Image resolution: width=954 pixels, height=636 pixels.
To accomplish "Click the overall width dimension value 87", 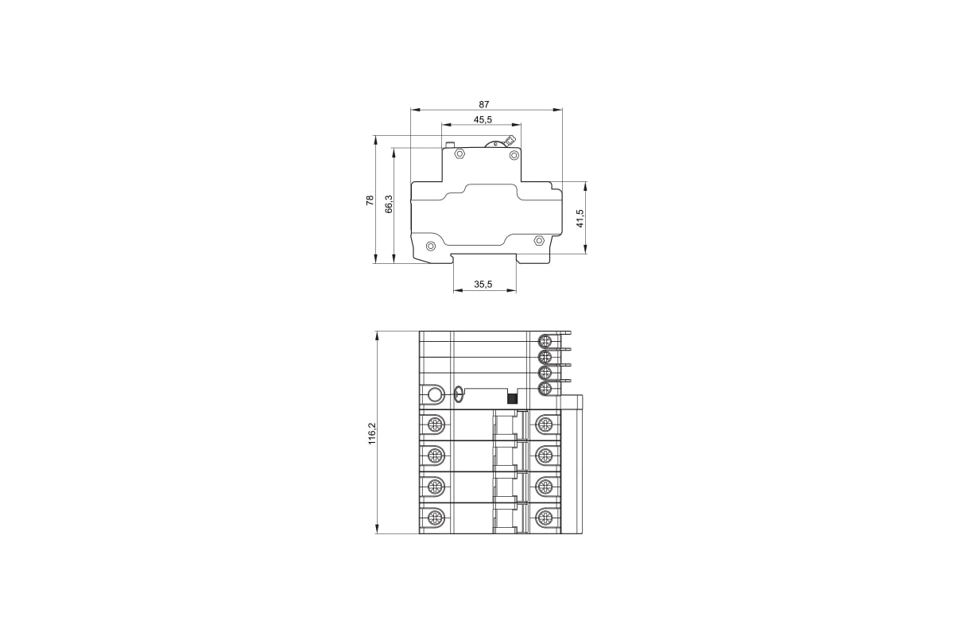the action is click(x=484, y=104).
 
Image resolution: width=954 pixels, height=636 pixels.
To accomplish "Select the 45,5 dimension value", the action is click(x=483, y=120).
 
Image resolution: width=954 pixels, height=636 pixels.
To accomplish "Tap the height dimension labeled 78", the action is click(x=370, y=200).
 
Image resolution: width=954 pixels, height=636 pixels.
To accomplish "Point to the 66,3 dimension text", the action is click(x=389, y=204).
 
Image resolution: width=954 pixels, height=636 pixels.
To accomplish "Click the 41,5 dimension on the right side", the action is click(x=580, y=218).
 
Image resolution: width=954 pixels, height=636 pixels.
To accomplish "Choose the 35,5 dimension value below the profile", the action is click(x=483, y=284).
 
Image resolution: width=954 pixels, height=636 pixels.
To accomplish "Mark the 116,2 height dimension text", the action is click(x=372, y=434).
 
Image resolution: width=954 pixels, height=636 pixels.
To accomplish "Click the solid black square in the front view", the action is click(x=512, y=398).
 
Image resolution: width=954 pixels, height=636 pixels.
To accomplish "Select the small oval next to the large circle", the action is click(x=458, y=394).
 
